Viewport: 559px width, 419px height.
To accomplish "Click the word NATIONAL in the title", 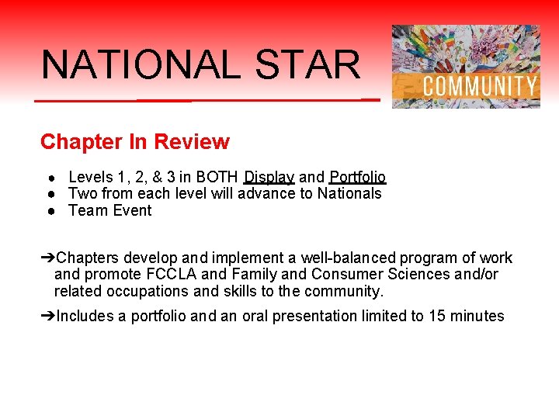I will pyautogui.click(x=141, y=64).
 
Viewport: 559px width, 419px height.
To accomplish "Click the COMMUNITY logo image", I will pyautogui.click(x=466, y=67).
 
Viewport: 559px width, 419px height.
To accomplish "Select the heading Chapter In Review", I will pyautogui.click(x=135, y=142).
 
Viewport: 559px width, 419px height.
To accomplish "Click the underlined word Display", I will pyautogui.click(x=269, y=177).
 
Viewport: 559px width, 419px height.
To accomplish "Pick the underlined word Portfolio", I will pyautogui.click(x=357, y=177).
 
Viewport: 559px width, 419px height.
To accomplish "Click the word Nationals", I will pyautogui.click(x=349, y=193).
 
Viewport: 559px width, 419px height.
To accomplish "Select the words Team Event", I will pyautogui.click(x=110, y=210).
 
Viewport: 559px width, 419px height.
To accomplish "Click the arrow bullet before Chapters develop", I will pyautogui.click(x=48, y=258).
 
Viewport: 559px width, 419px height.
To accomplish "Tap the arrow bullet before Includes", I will pyautogui.click(x=48, y=317).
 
